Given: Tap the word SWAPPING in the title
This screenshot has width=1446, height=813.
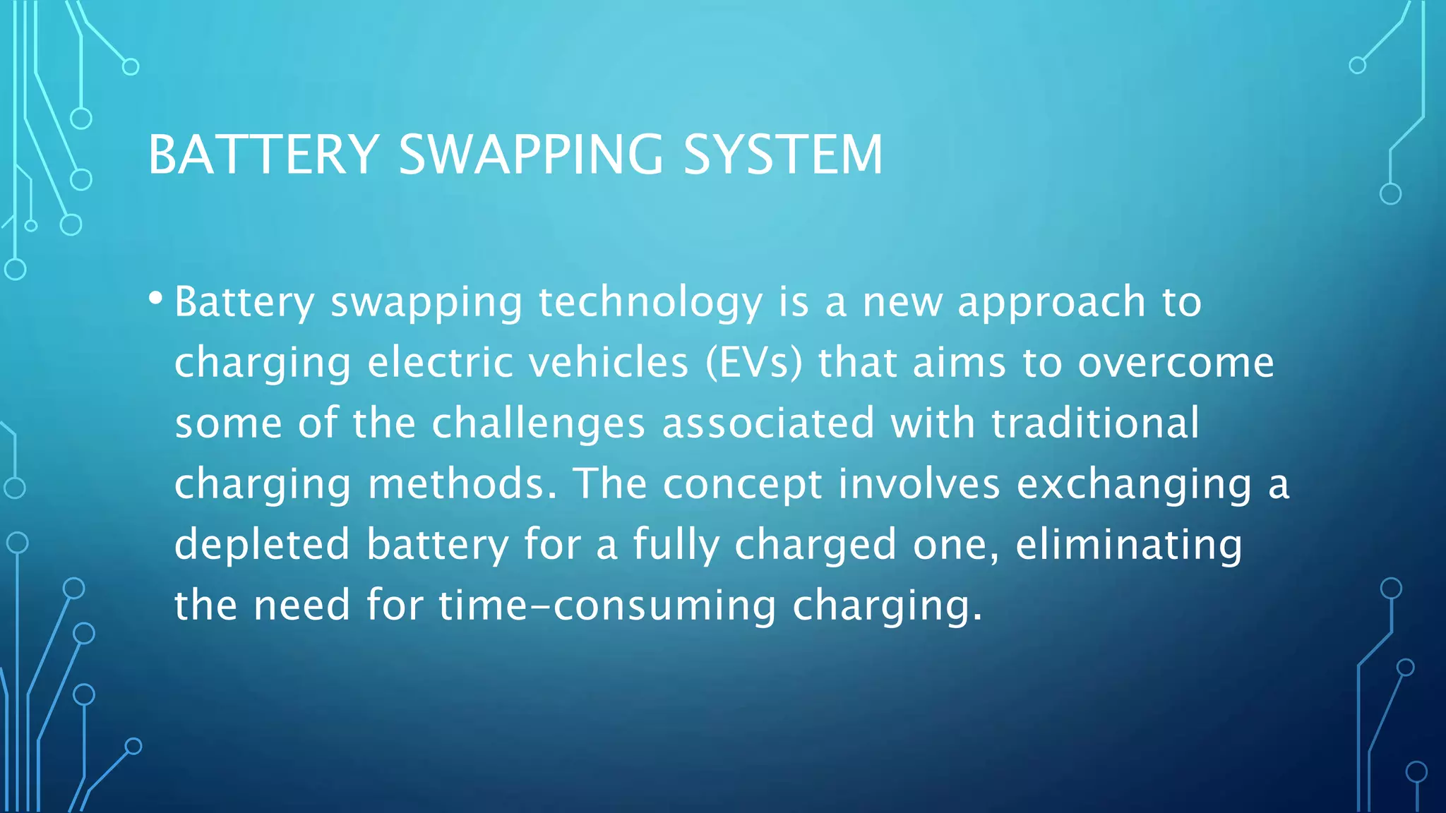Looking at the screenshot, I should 531,155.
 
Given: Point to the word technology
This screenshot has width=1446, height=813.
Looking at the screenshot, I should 650,303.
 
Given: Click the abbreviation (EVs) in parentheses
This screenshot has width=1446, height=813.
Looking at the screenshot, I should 754,363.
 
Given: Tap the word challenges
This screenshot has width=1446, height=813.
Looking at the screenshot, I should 538,423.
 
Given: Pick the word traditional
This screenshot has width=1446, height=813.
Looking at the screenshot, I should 1095,423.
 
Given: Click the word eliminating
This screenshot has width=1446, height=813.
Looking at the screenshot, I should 1128,546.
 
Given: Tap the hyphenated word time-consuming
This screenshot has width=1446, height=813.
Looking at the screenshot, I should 607,606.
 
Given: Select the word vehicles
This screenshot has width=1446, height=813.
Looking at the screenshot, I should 608,363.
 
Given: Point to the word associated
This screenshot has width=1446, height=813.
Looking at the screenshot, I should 768,423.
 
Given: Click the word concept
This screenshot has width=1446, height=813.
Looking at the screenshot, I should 743,486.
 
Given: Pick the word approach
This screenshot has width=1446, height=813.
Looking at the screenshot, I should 1051,303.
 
